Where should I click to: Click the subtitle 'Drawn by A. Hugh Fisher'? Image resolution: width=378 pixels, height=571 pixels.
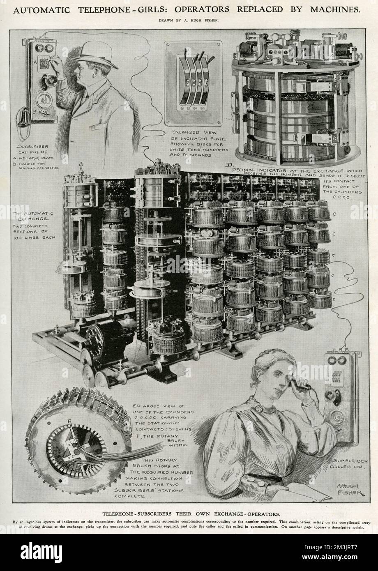(189, 20)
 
